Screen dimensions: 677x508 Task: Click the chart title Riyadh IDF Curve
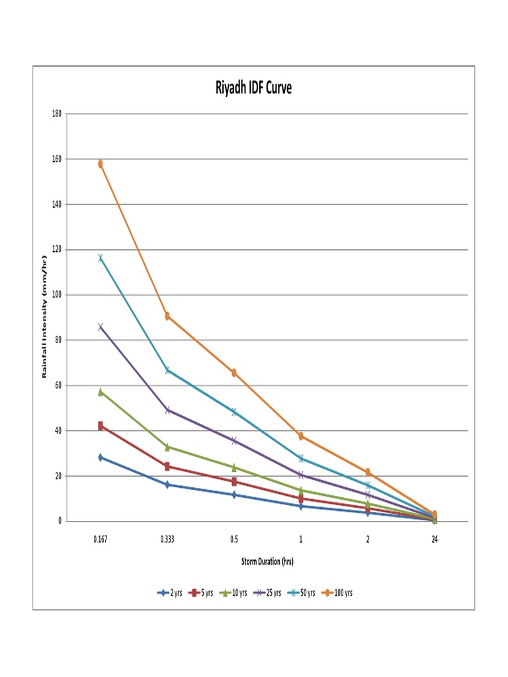point(253,88)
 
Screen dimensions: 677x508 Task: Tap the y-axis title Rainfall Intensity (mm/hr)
point(45,317)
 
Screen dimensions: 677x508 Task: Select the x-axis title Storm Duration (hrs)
point(267,561)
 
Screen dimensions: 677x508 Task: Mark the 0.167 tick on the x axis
point(101,539)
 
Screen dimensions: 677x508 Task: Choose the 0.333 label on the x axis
point(167,539)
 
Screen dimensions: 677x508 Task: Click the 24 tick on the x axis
point(435,539)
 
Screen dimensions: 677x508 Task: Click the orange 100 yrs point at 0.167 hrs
point(101,164)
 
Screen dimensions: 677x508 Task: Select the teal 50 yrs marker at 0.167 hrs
point(101,258)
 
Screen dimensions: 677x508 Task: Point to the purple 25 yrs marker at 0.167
point(101,327)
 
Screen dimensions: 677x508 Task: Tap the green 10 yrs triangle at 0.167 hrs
point(101,392)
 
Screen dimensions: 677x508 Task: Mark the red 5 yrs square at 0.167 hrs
point(101,426)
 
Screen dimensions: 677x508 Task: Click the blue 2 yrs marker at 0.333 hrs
point(167,485)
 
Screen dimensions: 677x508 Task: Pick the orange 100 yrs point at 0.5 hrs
point(234,373)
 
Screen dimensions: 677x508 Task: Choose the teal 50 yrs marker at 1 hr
point(301,458)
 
